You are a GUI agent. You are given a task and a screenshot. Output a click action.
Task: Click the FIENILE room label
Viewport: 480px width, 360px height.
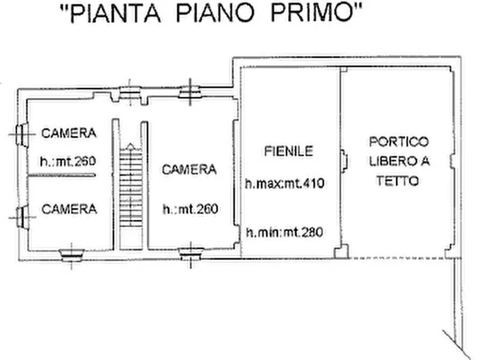[x=288, y=152]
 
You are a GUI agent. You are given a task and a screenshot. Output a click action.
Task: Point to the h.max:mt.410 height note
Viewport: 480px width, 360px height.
[x=285, y=183]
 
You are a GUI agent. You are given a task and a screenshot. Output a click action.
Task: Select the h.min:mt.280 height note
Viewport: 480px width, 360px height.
[x=284, y=233]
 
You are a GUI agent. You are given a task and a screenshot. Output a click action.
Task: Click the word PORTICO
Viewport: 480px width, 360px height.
[x=399, y=142]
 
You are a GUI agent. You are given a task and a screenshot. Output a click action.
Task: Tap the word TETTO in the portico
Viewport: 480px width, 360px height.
[x=398, y=182]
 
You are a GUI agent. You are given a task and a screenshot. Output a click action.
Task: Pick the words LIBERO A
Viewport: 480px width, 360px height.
[x=399, y=161]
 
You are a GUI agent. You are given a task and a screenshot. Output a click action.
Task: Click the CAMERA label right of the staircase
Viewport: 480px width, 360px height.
[x=189, y=170]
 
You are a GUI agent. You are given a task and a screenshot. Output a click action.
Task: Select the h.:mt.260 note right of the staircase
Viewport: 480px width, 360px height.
[x=190, y=209]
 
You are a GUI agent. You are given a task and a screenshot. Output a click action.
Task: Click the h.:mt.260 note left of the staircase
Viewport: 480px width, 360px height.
[x=68, y=161]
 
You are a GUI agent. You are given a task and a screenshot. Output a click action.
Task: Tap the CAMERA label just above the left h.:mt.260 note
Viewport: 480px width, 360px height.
[x=69, y=133]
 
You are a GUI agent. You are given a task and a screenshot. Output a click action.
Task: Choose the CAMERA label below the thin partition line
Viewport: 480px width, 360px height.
[x=69, y=208]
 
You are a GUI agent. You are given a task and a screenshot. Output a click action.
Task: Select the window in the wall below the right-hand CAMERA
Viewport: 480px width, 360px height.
[x=190, y=252]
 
